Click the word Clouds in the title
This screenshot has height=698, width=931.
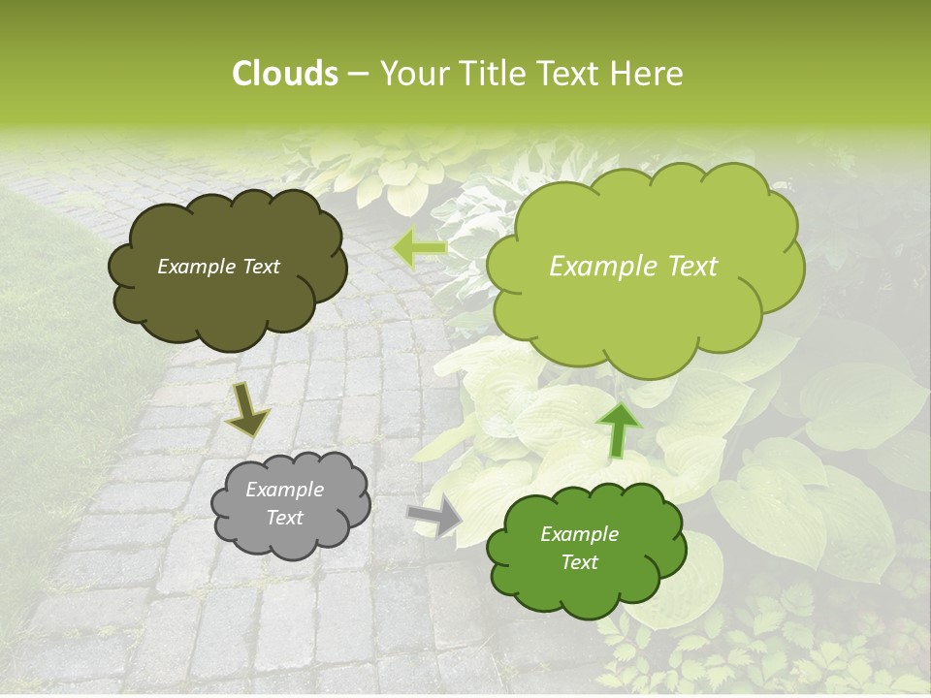point(285,74)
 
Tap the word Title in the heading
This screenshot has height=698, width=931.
point(486,74)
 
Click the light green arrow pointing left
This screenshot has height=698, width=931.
point(419,249)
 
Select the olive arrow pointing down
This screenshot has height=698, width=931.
point(247,411)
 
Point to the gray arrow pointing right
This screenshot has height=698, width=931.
point(436,516)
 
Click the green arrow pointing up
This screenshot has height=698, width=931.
point(618,428)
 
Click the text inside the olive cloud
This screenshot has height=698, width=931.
point(219,267)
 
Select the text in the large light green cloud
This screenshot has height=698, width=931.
point(633,267)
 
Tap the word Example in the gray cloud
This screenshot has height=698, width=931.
point(284,490)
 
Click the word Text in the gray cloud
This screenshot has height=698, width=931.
point(284,518)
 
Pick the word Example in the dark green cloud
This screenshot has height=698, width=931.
point(579,534)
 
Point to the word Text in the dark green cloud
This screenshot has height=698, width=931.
point(579,562)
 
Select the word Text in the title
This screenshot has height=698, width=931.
point(570,74)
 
